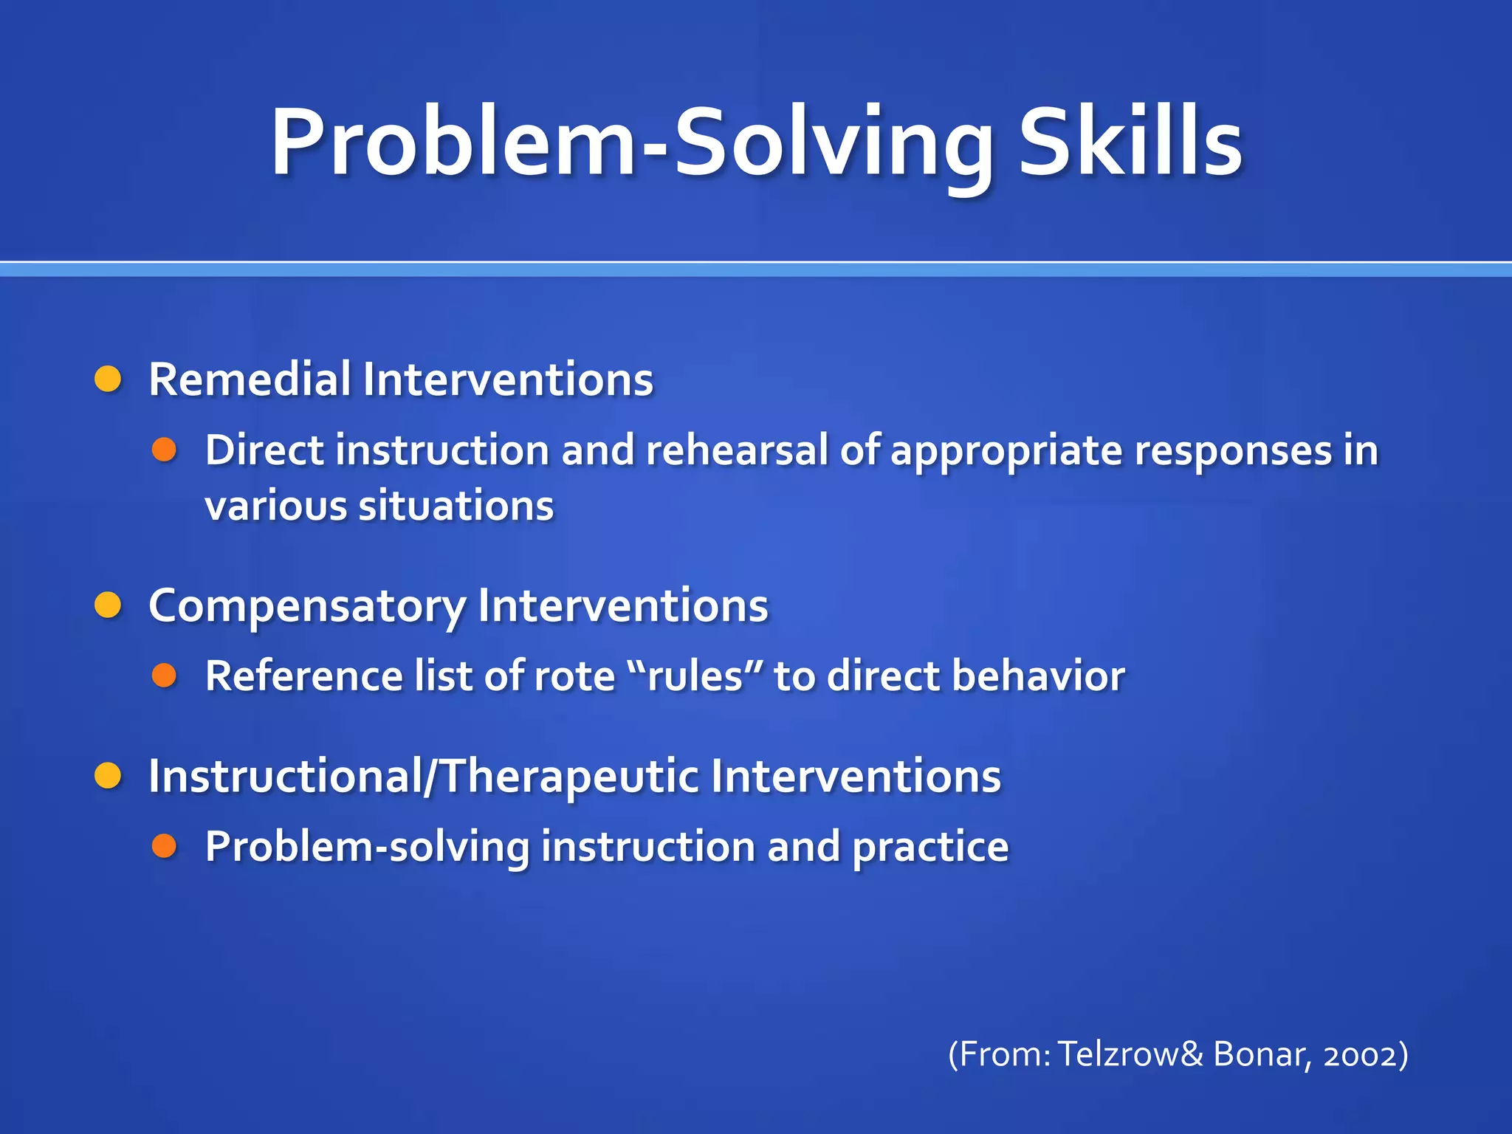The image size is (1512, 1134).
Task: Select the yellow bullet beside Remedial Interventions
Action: click(108, 379)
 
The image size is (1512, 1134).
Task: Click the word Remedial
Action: click(249, 379)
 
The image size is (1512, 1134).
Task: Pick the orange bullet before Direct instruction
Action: click(164, 450)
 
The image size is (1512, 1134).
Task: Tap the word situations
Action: click(456, 506)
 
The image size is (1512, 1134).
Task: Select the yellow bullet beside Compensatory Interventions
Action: click(108, 605)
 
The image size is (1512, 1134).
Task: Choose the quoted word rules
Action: click(694, 676)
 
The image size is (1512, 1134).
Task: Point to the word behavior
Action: click(1038, 676)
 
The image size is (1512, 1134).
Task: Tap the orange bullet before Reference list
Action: click(164, 675)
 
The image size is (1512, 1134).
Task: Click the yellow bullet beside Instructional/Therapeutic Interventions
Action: click(108, 776)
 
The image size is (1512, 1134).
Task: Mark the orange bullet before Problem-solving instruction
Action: click(164, 846)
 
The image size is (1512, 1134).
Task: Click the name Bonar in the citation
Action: click(1261, 1054)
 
